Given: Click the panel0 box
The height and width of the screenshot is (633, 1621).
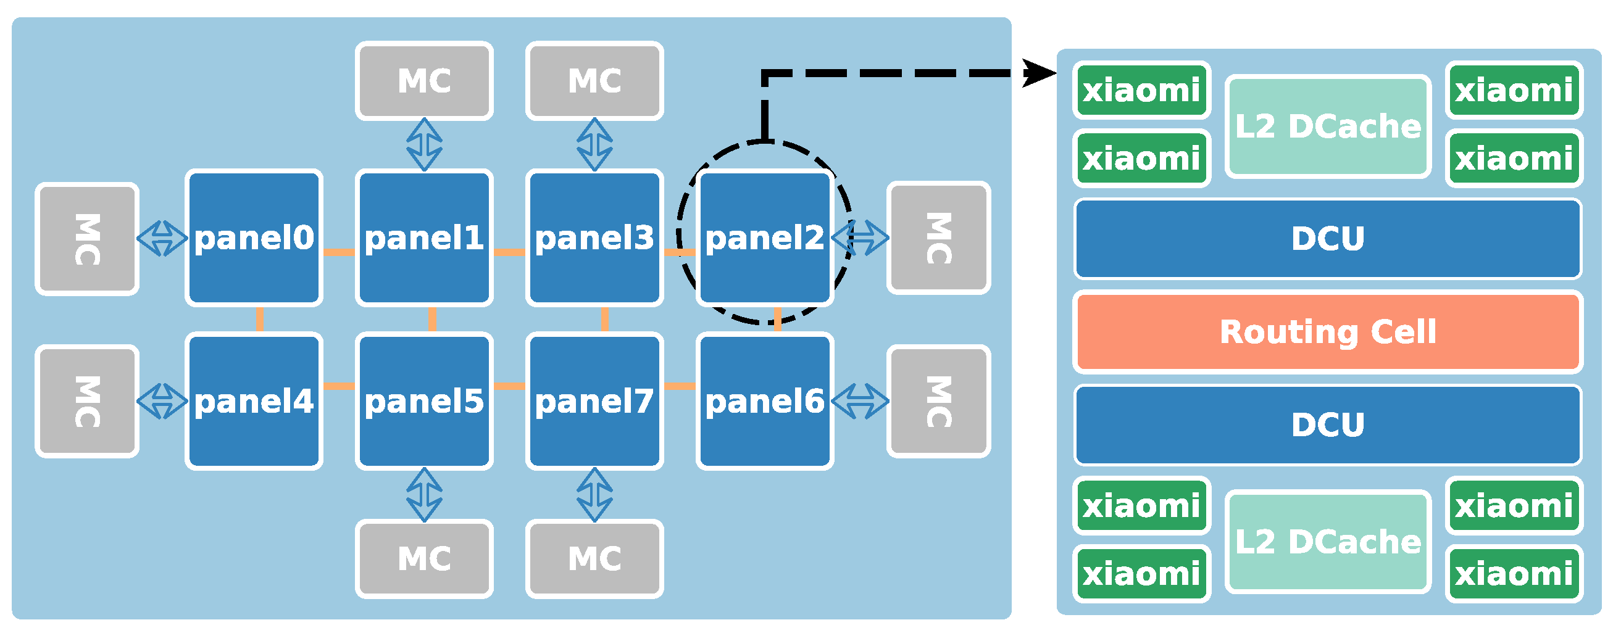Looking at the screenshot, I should (x=254, y=238).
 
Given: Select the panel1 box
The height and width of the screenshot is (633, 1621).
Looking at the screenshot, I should (x=424, y=238).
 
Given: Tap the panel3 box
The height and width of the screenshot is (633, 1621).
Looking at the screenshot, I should (x=594, y=238).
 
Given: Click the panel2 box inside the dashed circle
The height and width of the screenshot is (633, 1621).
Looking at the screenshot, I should (x=765, y=238).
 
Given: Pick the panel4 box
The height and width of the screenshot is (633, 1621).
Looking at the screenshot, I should (x=254, y=401).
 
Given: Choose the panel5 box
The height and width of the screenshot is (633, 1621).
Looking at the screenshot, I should (x=424, y=401).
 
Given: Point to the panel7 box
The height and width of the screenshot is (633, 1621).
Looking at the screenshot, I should (x=594, y=401).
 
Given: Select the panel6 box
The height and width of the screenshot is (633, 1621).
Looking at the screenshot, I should (x=765, y=401).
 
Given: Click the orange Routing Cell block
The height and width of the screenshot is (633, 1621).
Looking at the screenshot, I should (x=1328, y=331).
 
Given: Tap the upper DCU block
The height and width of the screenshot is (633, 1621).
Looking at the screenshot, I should (x=1328, y=239).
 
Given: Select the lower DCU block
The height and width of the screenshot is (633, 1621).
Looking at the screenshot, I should (x=1328, y=424).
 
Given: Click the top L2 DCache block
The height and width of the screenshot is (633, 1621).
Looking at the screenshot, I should (x=1328, y=126).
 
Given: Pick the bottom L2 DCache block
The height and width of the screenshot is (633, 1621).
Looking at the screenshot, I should (x=1328, y=541).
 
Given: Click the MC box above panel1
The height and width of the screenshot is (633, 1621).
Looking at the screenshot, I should (x=424, y=81).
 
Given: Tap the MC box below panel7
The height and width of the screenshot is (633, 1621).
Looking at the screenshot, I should (x=594, y=558).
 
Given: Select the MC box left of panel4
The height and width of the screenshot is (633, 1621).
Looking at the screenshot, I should (x=87, y=401).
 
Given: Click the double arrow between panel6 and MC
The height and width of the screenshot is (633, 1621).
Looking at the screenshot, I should (x=861, y=401).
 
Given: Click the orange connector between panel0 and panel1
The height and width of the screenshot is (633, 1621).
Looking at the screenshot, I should (x=338, y=252).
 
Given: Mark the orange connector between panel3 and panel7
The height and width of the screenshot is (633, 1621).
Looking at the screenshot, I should (x=605, y=319).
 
